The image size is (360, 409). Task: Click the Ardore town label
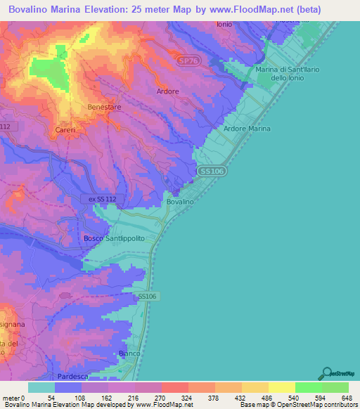[x=167, y=91]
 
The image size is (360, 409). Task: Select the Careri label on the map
[x=65, y=130]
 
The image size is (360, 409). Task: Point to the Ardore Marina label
[x=247, y=129]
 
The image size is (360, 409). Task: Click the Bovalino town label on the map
[x=180, y=202]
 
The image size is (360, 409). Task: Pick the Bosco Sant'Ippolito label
[x=114, y=238]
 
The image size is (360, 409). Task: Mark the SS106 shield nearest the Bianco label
[x=146, y=297]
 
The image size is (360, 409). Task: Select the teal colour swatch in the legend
[x=41, y=387]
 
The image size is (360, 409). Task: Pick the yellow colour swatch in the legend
[x=281, y=387]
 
